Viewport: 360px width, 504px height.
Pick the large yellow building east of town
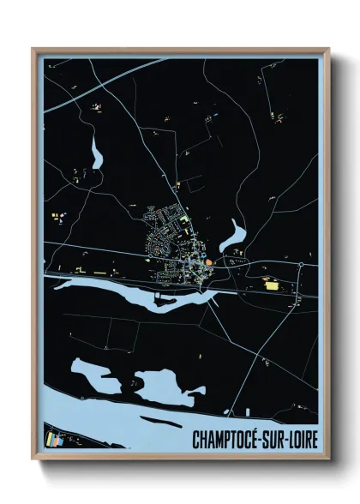[273, 286]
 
